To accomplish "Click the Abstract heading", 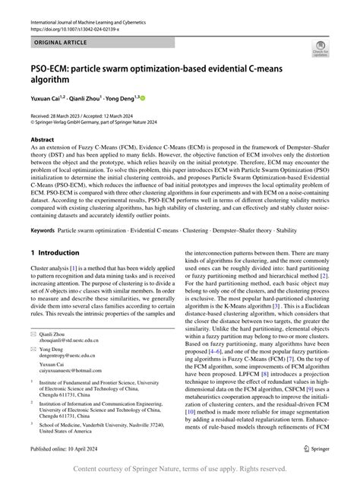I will [42, 140].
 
